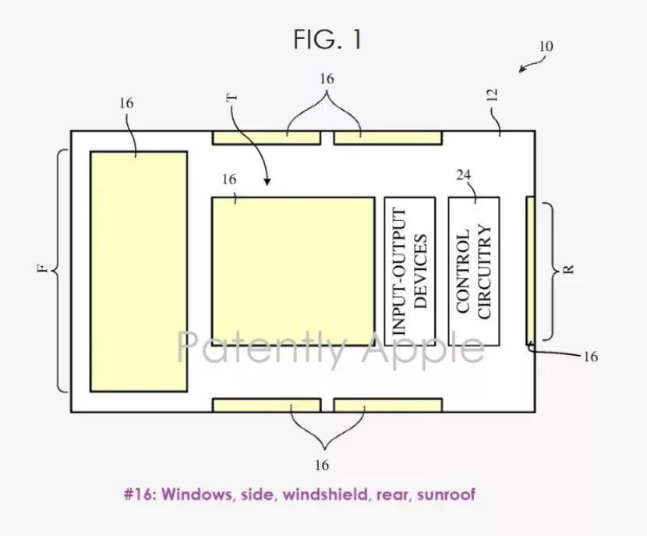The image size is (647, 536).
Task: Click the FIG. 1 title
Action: (x=327, y=39)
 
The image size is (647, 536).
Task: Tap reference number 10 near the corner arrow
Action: (x=546, y=47)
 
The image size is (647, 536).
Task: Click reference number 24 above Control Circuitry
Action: (x=464, y=175)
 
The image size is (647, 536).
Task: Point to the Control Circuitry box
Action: (x=474, y=272)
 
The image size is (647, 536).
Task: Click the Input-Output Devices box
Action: (x=409, y=272)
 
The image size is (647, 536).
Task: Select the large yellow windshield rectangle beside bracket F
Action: (x=139, y=272)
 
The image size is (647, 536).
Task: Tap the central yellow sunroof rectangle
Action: (x=293, y=272)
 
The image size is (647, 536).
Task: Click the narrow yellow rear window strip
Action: (x=530, y=269)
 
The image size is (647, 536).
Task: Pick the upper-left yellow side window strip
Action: (x=266, y=138)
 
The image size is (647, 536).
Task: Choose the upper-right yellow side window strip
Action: (x=387, y=138)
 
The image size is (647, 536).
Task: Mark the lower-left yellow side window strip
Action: (x=266, y=405)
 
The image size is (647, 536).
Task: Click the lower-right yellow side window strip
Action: (x=387, y=405)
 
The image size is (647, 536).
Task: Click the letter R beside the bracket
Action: (x=567, y=269)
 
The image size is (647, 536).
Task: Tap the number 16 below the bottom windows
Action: (x=322, y=465)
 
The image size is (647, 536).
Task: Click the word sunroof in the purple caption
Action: (x=447, y=495)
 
